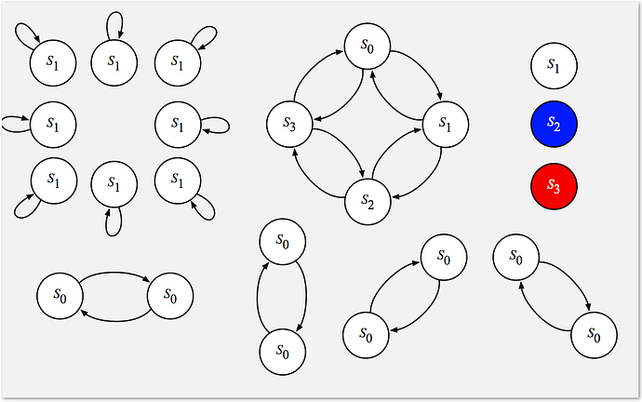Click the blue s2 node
tap(554, 124)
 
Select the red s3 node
tap(554, 184)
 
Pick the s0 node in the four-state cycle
tap(368, 47)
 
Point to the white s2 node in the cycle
tap(368, 199)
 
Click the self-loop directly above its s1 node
tap(114, 22)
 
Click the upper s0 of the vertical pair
tap(283, 241)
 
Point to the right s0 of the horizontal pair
tap(171, 295)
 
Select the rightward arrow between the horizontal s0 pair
tap(114, 272)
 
